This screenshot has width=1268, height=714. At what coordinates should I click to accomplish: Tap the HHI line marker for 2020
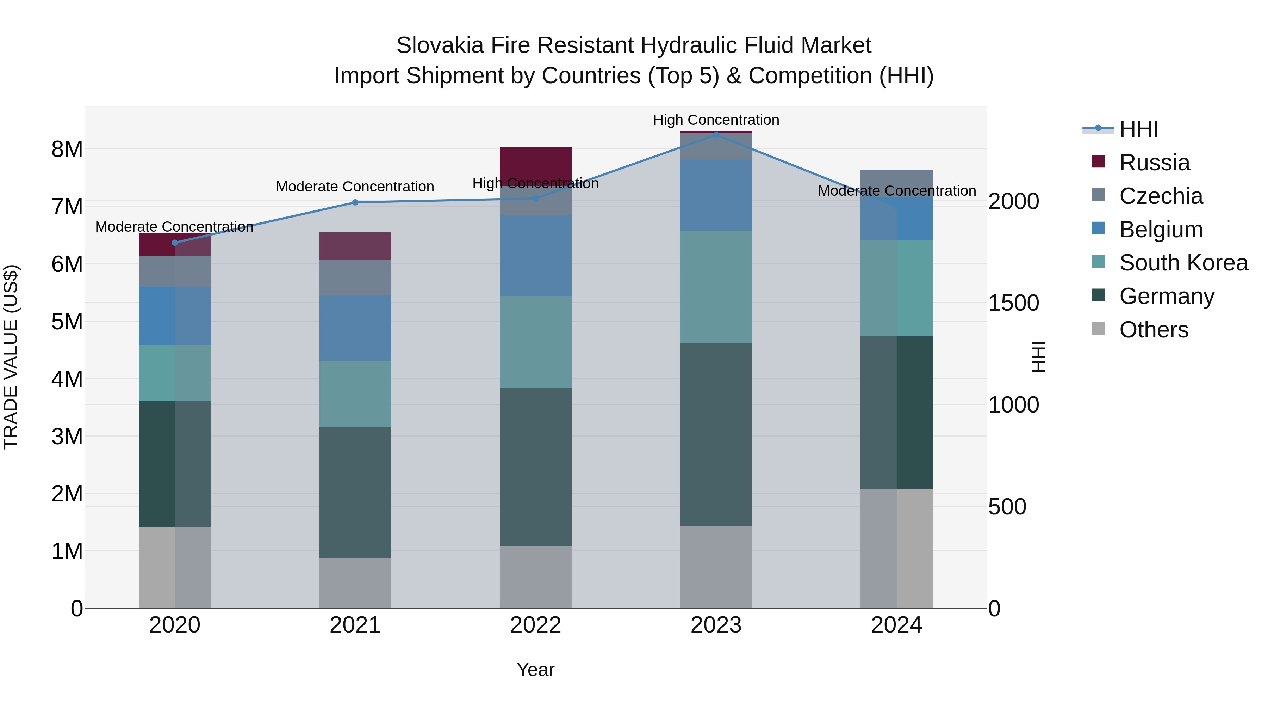point(175,243)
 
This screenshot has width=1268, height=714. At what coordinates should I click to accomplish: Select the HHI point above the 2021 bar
point(355,202)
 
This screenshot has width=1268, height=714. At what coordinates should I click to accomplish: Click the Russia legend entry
point(1154,163)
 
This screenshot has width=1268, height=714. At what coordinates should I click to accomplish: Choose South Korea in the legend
point(1183,263)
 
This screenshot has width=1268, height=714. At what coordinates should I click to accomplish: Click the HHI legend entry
point(1138,129)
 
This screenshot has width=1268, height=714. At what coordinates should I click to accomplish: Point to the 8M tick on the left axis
point(67,149)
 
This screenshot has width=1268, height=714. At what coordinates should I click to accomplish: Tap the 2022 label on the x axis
point(535,625)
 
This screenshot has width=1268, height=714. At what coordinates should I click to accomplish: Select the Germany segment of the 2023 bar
point(716,434)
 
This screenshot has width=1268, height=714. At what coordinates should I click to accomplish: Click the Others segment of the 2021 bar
point(355,582)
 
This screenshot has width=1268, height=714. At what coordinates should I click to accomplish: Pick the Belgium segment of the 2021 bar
point(355,328)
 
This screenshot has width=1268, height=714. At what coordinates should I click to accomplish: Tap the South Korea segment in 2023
point(716,287)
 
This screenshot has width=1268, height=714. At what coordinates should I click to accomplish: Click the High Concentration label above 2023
point(716,120)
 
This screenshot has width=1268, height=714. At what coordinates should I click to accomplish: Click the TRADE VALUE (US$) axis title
point(11,357)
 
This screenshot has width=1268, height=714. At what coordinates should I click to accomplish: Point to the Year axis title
point(535,670)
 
